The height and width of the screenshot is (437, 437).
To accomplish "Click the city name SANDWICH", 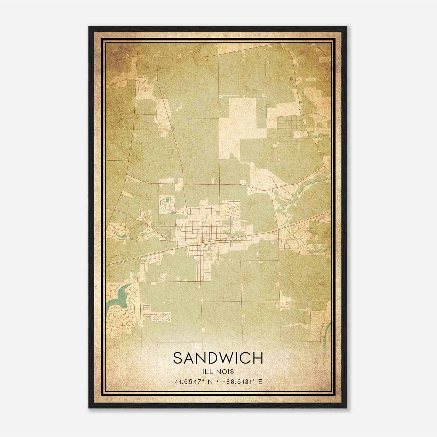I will coord(218,358).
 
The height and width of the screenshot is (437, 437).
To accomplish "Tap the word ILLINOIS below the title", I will coord(218,372).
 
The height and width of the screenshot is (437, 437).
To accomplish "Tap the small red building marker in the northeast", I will coord(291,79).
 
